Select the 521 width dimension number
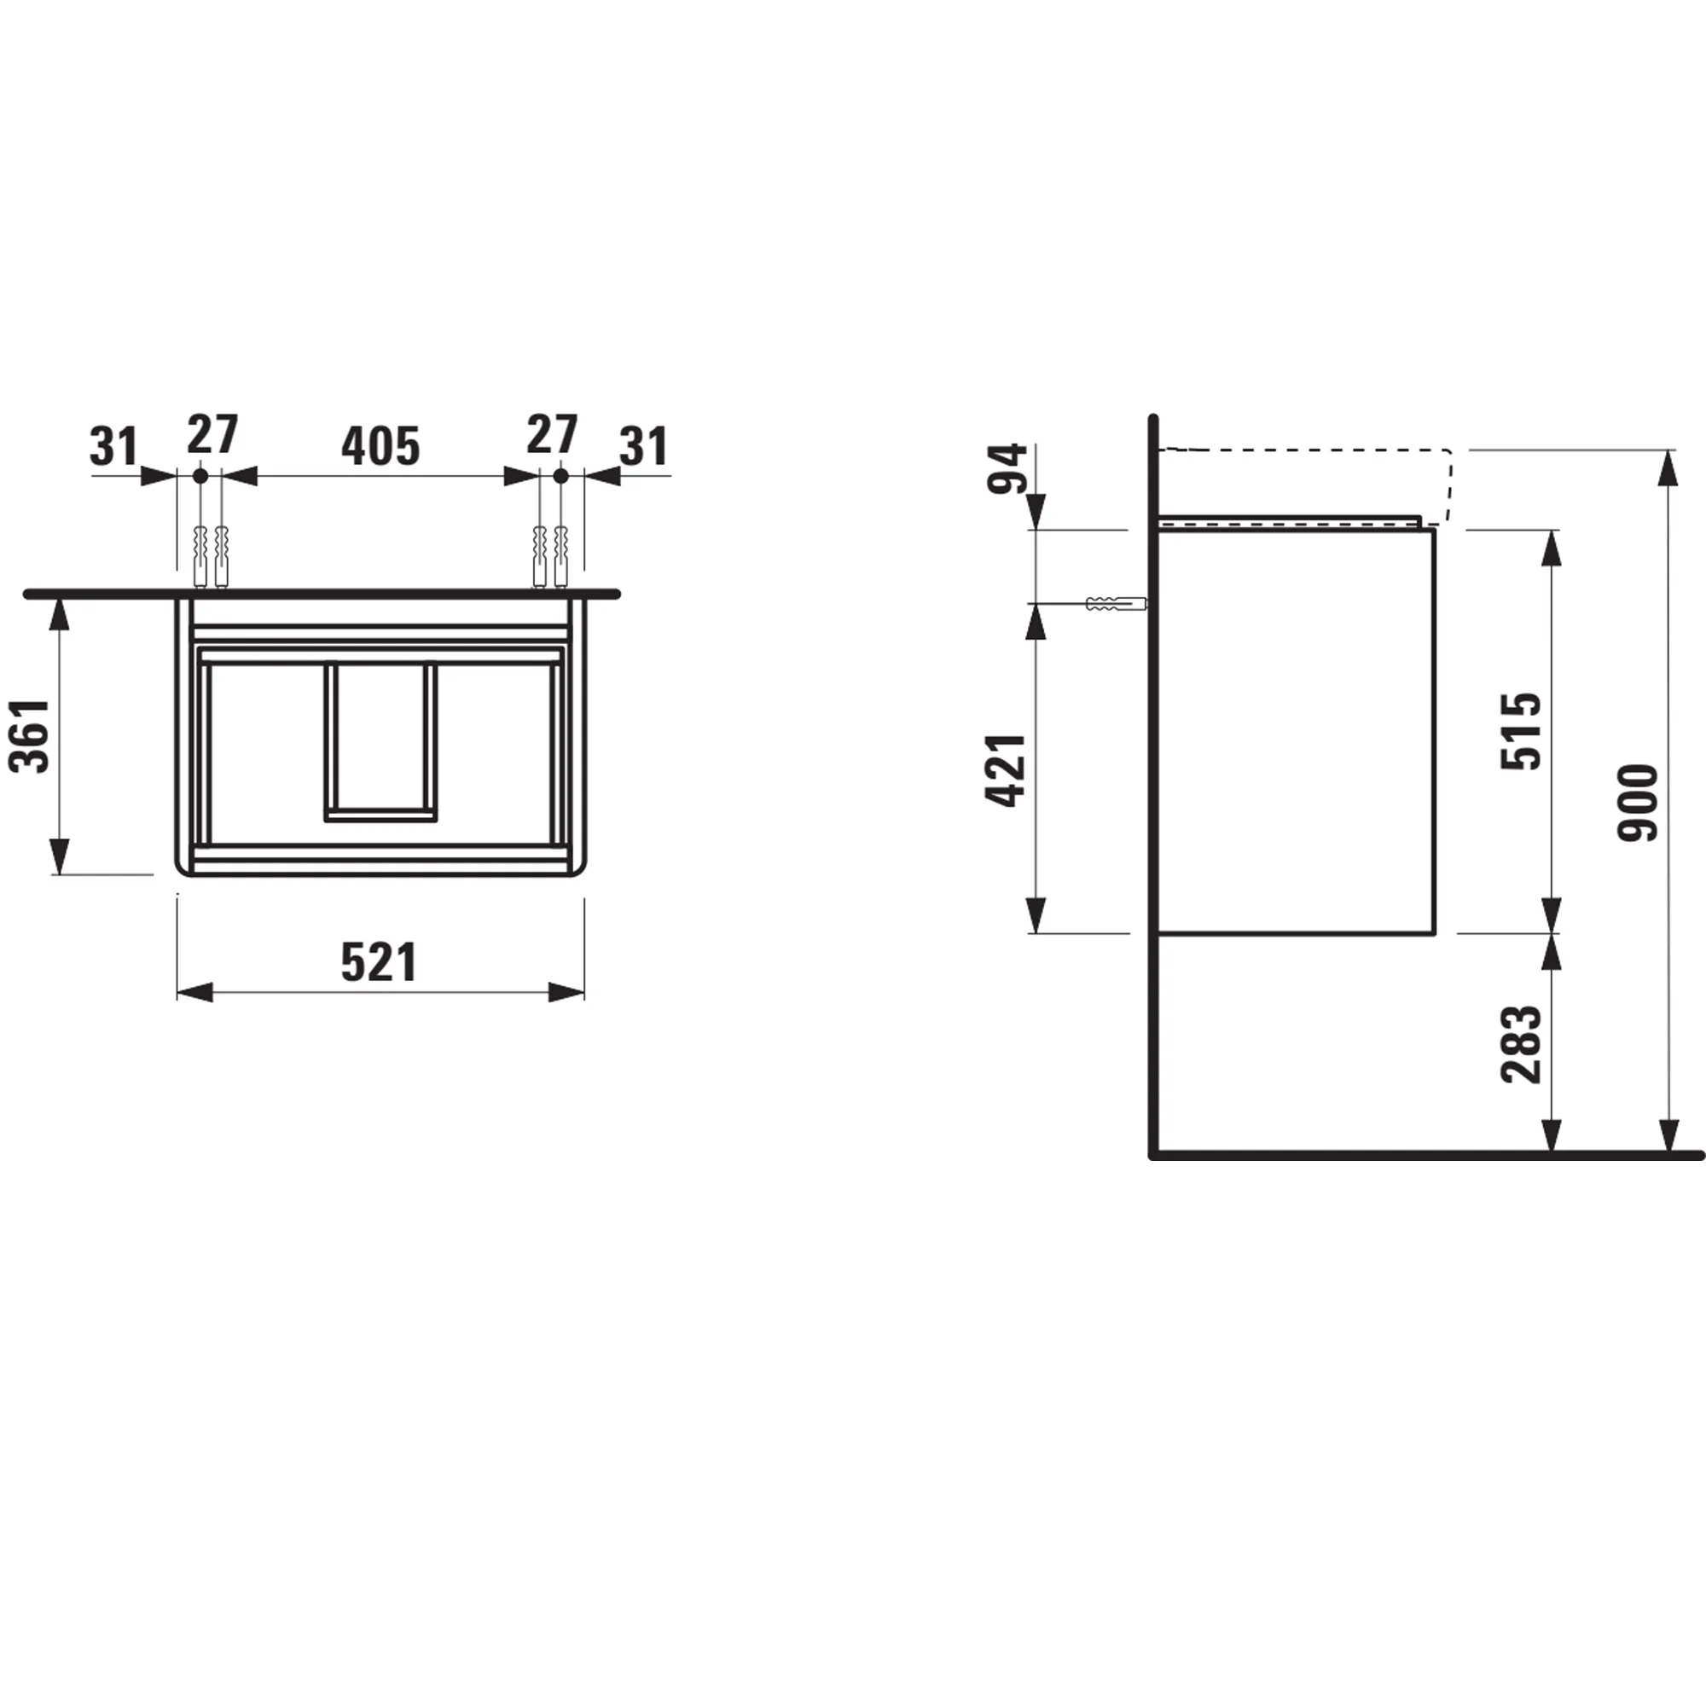379,962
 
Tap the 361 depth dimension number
29,736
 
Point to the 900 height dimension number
1639,802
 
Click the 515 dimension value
1522,731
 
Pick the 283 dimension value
1522,1045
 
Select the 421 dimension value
1006,770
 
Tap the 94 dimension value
1007,469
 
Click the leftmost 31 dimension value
114,447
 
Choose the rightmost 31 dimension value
644,447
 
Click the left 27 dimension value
212,434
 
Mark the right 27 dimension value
552,434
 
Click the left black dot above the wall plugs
200,476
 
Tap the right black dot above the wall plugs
560,476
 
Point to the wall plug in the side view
1115,604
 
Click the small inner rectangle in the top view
380,740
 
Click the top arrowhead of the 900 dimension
1668,468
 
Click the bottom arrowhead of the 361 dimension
59,856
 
